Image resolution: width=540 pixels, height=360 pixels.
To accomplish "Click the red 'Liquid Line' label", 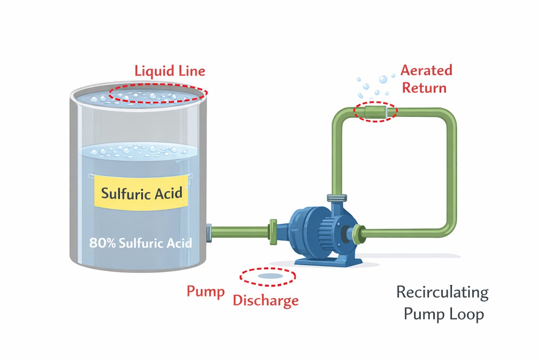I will pos(170,71).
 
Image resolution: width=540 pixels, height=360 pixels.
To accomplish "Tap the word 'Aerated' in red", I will pos(426,71).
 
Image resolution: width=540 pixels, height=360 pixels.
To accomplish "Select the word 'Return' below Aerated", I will pos(424,87).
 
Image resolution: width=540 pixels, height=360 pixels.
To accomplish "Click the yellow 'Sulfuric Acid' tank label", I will pos(142,193).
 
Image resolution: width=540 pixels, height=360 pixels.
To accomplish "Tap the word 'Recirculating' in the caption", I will pos(442,292).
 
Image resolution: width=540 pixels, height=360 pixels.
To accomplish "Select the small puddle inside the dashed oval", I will pos(268,275).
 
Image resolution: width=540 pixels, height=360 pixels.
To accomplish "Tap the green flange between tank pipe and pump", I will pos(273,232).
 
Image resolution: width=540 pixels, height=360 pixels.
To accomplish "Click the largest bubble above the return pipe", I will pos(383,79).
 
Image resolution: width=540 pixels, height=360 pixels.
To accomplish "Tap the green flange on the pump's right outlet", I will pos(358,233).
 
